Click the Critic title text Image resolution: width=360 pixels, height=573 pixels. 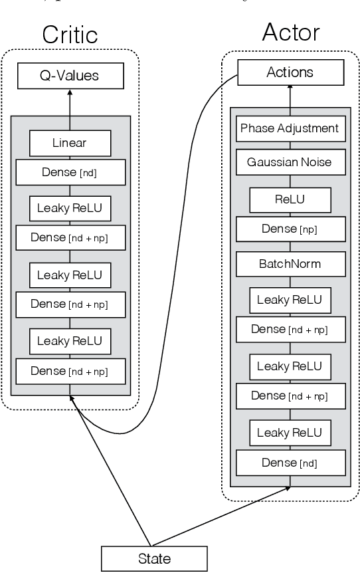point(69,35)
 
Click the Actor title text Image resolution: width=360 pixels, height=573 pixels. point(290,31)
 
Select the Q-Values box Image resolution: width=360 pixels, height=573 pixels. point(70,76)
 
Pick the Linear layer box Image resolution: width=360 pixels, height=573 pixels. point(69,142)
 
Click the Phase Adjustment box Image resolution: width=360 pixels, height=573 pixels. point(290,128)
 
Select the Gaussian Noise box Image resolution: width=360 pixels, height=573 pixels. point(290,162)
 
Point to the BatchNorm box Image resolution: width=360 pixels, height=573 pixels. point(290,264)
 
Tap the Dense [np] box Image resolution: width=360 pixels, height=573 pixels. point(290,229)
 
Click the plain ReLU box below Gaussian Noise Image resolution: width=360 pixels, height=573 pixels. point(290,198)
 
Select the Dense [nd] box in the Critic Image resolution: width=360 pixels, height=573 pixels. point(70,173)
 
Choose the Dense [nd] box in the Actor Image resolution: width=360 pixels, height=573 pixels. point(290,462)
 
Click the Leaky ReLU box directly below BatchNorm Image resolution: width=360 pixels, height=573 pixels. point(290,300)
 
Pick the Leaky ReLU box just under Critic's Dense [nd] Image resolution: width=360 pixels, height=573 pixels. point(70,209)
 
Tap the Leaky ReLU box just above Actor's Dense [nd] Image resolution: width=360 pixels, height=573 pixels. point(290,433)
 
